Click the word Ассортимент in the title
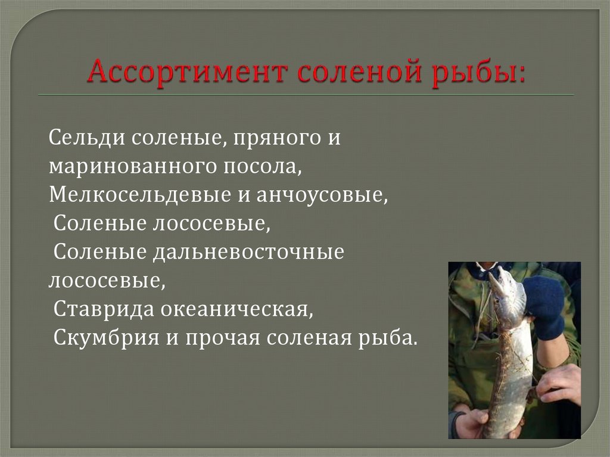click(x=188, y=72)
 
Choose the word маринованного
click(x=132, y=167)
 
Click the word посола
click(x=263, y=167)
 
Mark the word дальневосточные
click(x=248, y=253)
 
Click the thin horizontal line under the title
click(x=306, y=95)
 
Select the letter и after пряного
click(x=334, y=139)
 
